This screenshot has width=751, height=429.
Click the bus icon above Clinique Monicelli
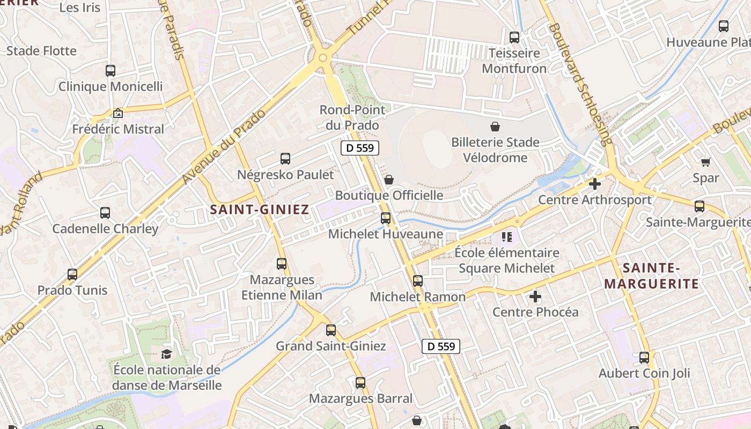coord(110,70)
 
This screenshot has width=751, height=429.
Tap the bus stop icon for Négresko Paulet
coord(285,159)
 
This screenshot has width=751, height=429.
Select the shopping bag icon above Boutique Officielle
coord(389,180)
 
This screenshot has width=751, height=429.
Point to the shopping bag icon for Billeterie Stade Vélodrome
coord(495,127)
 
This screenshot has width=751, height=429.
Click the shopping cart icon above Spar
coord(705,161)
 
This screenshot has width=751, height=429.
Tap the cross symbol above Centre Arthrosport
coord(594,184)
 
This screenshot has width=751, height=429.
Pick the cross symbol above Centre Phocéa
coord(535,296)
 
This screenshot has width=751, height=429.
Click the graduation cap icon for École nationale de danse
coord(167,354)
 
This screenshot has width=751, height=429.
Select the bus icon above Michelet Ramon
coord(418,280)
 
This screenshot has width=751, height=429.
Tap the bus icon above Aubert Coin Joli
coord(644,357)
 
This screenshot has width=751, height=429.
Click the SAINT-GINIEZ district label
coord(259,209)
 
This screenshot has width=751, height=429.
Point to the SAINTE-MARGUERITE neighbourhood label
coord(651,276)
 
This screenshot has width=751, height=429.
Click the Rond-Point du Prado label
coord(352,117)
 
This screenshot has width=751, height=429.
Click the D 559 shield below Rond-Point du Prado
coord(360,148)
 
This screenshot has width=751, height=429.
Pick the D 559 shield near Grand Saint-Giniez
coord(441,346)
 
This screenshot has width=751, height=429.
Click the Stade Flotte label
coord(41,51)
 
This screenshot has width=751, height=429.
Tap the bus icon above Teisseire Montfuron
coord(514,38)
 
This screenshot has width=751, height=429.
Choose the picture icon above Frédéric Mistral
coord(118,113)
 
